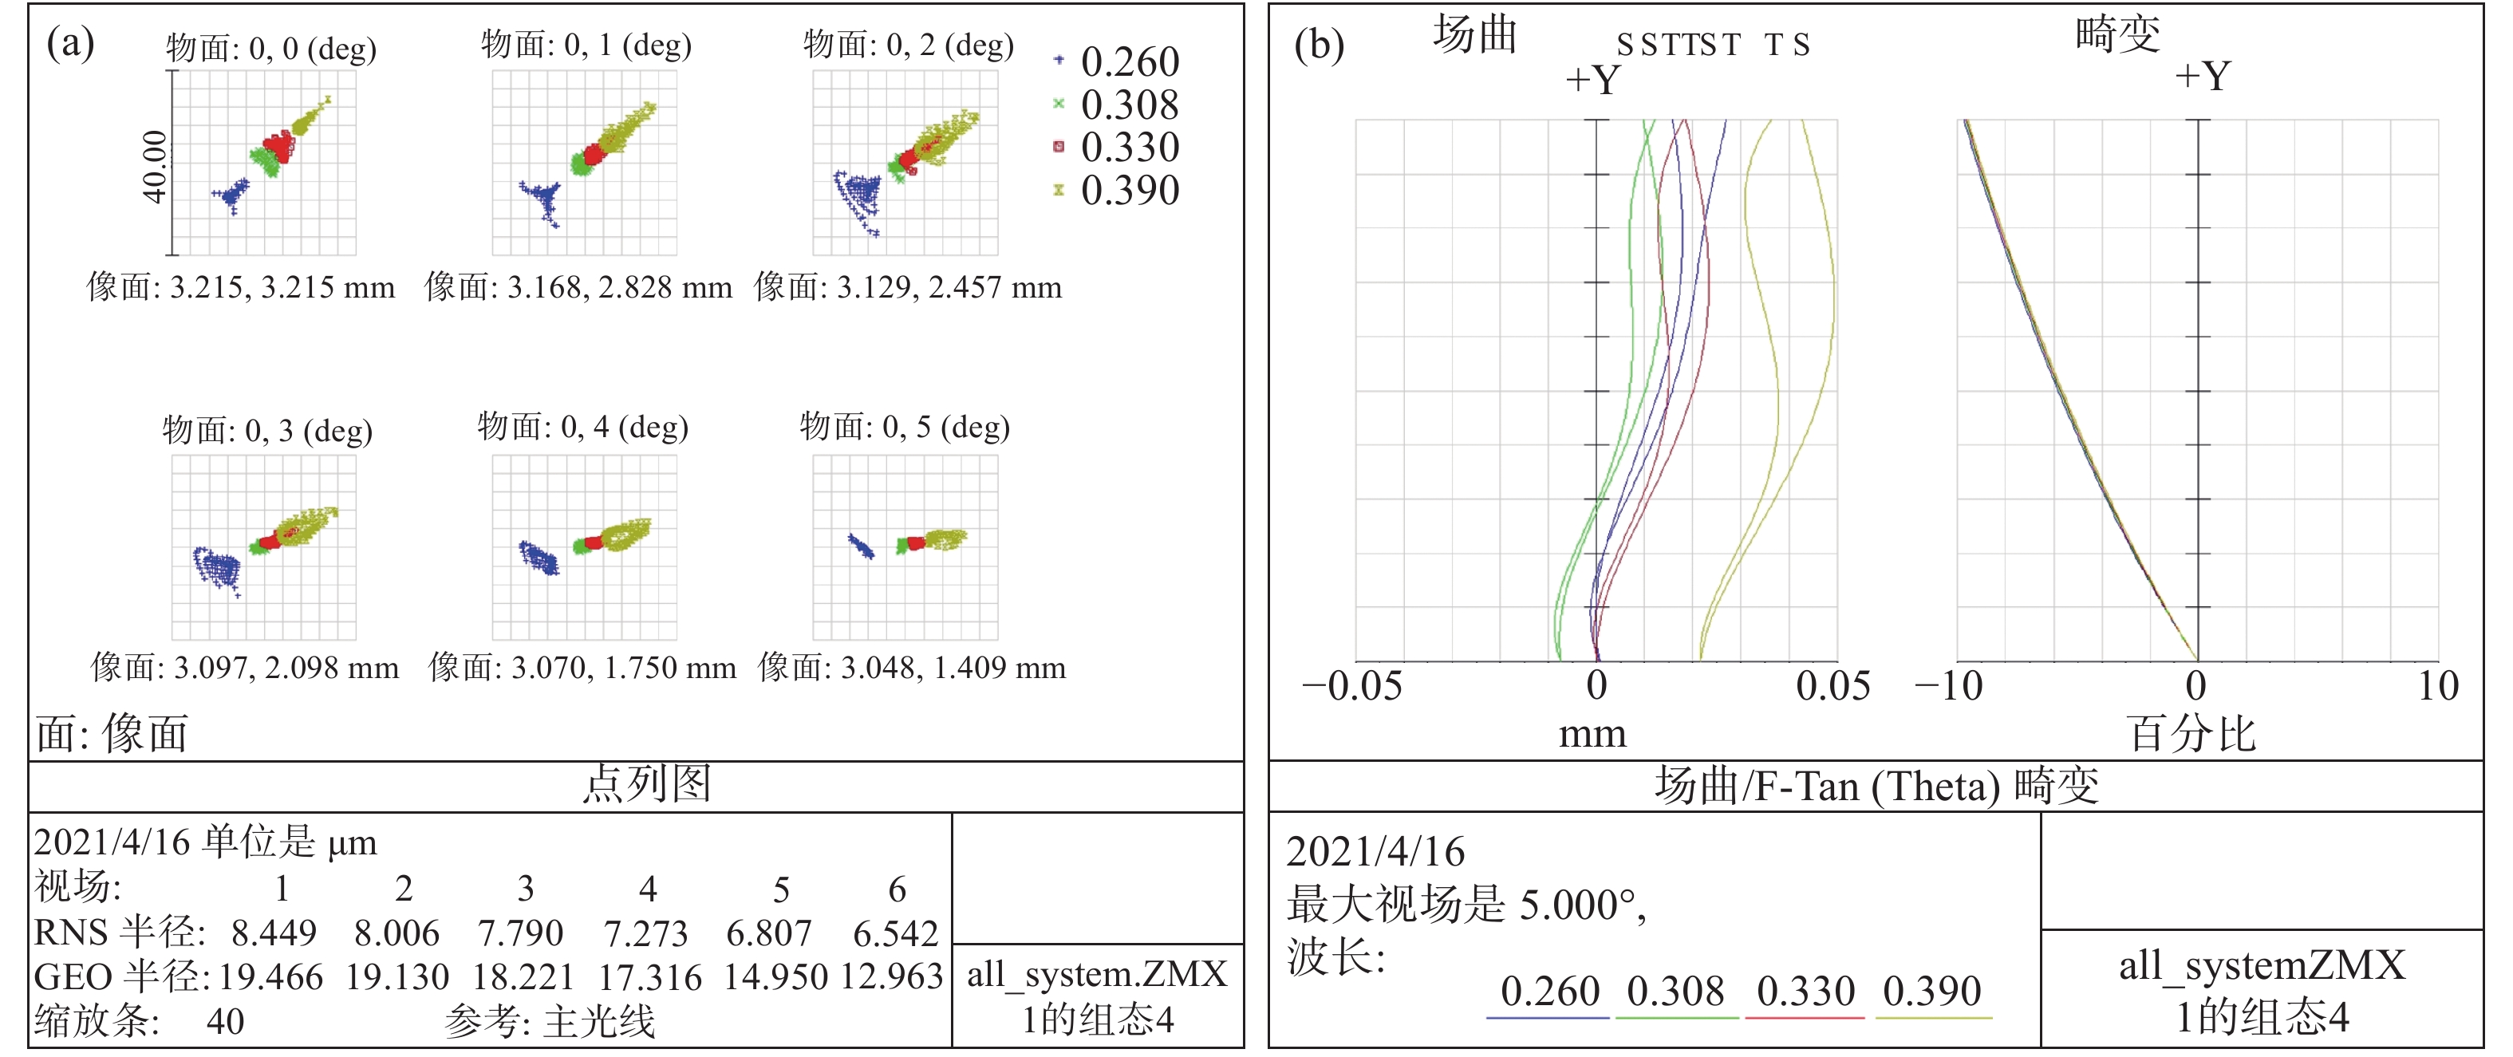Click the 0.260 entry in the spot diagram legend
pos(1129,61)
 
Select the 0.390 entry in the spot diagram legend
pos(1129,190)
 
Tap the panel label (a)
pos(70,43)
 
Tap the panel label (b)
pos(1318,45)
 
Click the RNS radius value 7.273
pos(645,933)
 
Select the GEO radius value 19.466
pos(270,977)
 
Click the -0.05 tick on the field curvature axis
pos(1352,687)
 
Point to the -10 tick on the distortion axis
pos(1948,687)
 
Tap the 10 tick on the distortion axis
pos(2437,687)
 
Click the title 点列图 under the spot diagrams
pos(647,785)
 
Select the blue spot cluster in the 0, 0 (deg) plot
pos(231,195)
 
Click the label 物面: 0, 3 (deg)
pos(267,430)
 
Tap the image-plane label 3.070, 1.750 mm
pos(582,668)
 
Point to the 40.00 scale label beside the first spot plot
pos(155,166)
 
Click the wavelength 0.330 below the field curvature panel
pos(1805,992)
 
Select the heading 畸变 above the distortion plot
pos(2117,35)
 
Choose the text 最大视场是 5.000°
pos(1466,905)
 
